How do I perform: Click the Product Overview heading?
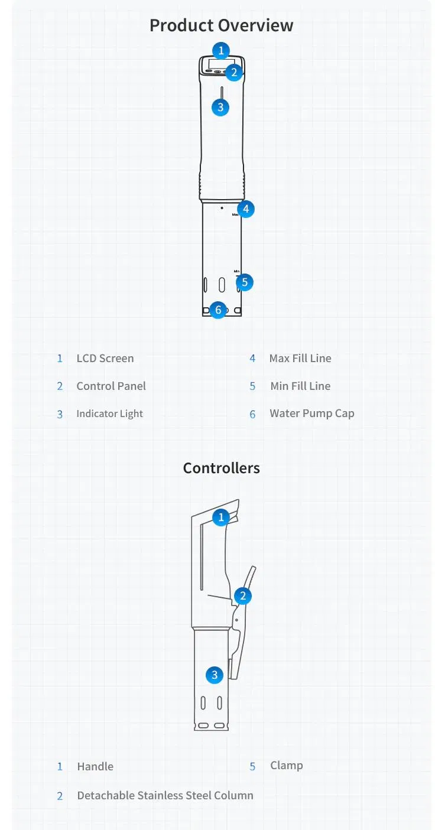coord(221,25)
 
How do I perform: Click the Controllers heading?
coord(221,468)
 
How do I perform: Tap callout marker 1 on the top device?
coord(221,50)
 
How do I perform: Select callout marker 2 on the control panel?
coord(234,73)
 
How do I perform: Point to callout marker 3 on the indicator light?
coord(220,107)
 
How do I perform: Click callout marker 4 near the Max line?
coord(246,209)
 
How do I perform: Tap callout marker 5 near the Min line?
coord(245,282)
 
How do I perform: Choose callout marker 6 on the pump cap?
coord(218,310)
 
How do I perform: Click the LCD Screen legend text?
coord(105,358)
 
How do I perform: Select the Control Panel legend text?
coord(111,386)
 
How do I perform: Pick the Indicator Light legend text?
coord(109,414)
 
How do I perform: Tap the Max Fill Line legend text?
coord(300,358)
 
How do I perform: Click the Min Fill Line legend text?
coord(300,386)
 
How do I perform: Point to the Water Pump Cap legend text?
coord(312,414)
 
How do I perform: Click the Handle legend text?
coord(95,766)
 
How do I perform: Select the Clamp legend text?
coord(287,765)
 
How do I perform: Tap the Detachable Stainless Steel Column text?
coord(165,795)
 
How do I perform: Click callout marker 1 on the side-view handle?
coord(221,517)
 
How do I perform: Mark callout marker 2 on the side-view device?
coord(242,596)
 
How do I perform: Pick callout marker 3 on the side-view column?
coord(215,675)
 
